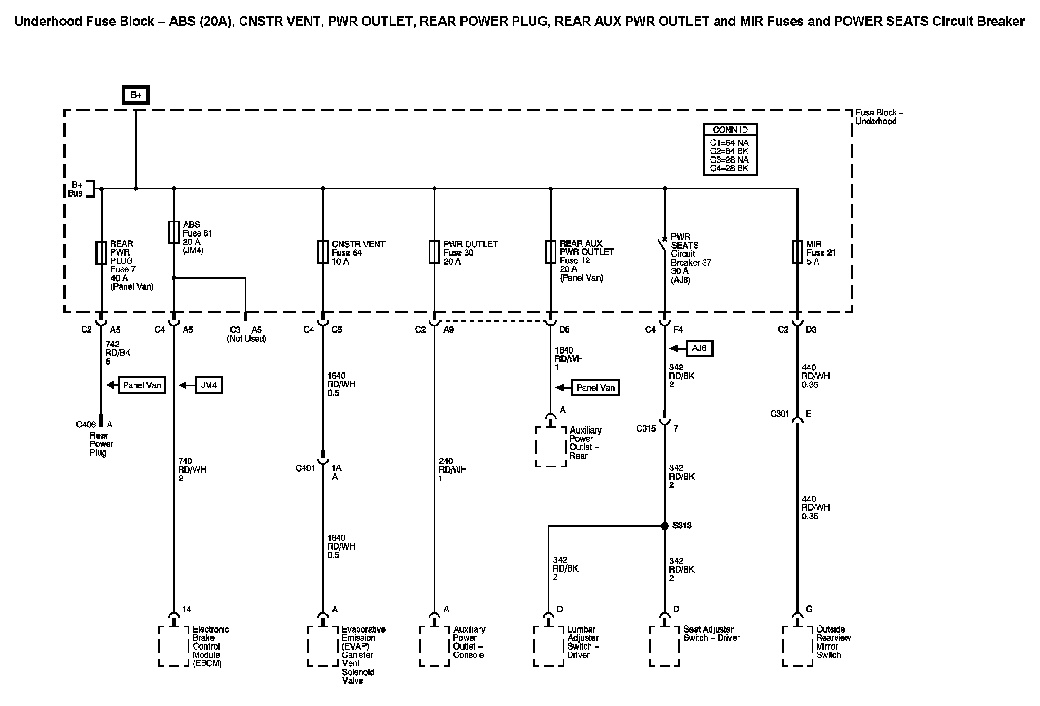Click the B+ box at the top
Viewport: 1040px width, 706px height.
coord(136,95)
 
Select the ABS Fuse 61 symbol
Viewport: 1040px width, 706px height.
coord(174,232)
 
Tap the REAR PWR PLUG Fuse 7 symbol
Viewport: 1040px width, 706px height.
coord(101,252)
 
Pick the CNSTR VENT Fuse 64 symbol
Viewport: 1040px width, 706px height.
coord(322,252)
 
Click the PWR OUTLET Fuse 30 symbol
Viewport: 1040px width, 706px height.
coord(434,252)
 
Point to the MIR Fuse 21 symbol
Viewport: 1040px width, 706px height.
coord(797,252)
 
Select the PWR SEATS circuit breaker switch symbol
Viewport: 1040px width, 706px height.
coord(662,247)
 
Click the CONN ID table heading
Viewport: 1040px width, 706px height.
coord(730,130)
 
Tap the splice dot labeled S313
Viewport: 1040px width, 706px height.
coord(664,526)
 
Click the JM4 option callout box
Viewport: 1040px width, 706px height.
coord(209,385)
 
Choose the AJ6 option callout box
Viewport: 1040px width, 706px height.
coord(699,348)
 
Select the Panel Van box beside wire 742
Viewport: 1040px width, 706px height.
coord(142,385)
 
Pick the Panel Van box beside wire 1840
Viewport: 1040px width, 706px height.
coord(595,387)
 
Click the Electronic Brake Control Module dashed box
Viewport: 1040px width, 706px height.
coord(174,646)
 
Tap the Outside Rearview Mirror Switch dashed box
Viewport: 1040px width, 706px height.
coord(797,646)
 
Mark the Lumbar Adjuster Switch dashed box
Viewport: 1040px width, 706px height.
coord(548,646)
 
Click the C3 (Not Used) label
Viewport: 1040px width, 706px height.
coord(246,334)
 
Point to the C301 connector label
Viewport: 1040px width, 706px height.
coord(779,414)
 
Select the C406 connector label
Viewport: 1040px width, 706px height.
coord(86,425)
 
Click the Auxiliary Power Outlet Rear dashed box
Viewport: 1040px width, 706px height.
coord(551,447)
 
